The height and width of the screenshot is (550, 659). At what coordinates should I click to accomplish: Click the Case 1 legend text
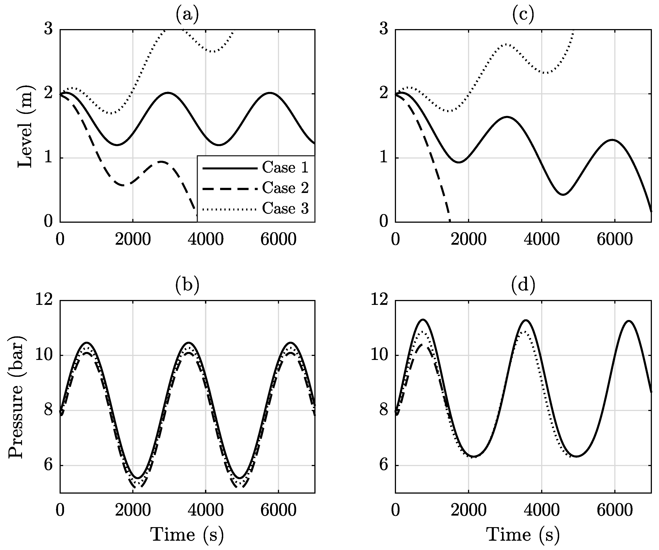[x=285, y=168]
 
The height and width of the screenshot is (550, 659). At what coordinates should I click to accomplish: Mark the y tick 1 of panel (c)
[x=384, y=158]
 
